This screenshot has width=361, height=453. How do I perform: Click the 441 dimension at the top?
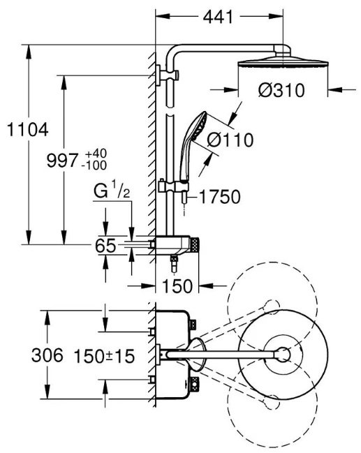(x=218, y=17)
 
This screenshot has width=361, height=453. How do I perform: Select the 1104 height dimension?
(x=27, y=130)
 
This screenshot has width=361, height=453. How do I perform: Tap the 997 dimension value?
(x=62, y=161)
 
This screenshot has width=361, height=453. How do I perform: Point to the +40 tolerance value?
(x=94, y=154)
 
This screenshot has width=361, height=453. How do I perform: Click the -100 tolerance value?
(x=94, y=165)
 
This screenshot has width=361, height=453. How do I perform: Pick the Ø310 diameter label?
(x=281, y=90)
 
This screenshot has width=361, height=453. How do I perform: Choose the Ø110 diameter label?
(x=230, y=140)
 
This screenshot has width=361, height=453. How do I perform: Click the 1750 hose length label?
(x=220, y=197)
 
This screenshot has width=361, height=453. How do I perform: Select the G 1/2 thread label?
(x=112, y=191)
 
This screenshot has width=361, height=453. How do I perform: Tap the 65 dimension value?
(x=105, y=246)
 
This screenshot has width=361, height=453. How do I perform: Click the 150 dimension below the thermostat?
(x=177, y=286)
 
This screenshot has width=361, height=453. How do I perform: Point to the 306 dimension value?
(x=47, y=355)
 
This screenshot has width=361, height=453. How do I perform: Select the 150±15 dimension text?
(x=104, y=356)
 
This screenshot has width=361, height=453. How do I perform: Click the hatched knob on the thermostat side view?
(x=195, y=245)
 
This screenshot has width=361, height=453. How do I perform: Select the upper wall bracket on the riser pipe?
(x=167, y=75)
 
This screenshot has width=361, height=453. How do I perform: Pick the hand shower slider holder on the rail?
(x=173, y=186)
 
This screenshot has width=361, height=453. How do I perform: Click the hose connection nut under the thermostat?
(x=175, y=263)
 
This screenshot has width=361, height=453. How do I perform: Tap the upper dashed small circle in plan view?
(x=272, y=306)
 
